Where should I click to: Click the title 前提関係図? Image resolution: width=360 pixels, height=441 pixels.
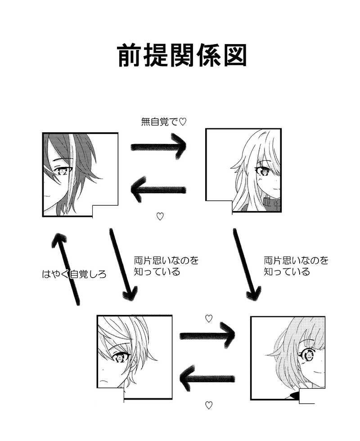(x=182, y=56)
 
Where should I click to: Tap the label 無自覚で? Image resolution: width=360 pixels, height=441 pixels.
(x=160, y=121)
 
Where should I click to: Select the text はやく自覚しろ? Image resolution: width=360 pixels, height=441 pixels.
(x=74, y=274)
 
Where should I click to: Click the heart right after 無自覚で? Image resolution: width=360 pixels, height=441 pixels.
(x=183, y=121)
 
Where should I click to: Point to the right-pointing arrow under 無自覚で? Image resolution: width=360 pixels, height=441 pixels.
(x=158, y=147)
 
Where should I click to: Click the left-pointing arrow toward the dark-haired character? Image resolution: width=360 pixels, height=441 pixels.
(x=158, y=189)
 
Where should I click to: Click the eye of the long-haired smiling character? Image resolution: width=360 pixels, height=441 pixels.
(x=262, y=171)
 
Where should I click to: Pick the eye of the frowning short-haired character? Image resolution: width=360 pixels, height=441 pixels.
(x=120, y=358)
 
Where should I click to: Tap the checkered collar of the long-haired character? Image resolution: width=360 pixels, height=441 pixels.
(x=272, y=203)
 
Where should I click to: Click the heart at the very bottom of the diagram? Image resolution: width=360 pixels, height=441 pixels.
(x=208, y=405)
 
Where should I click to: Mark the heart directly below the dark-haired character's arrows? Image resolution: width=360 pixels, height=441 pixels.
(x=160, y=216)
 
